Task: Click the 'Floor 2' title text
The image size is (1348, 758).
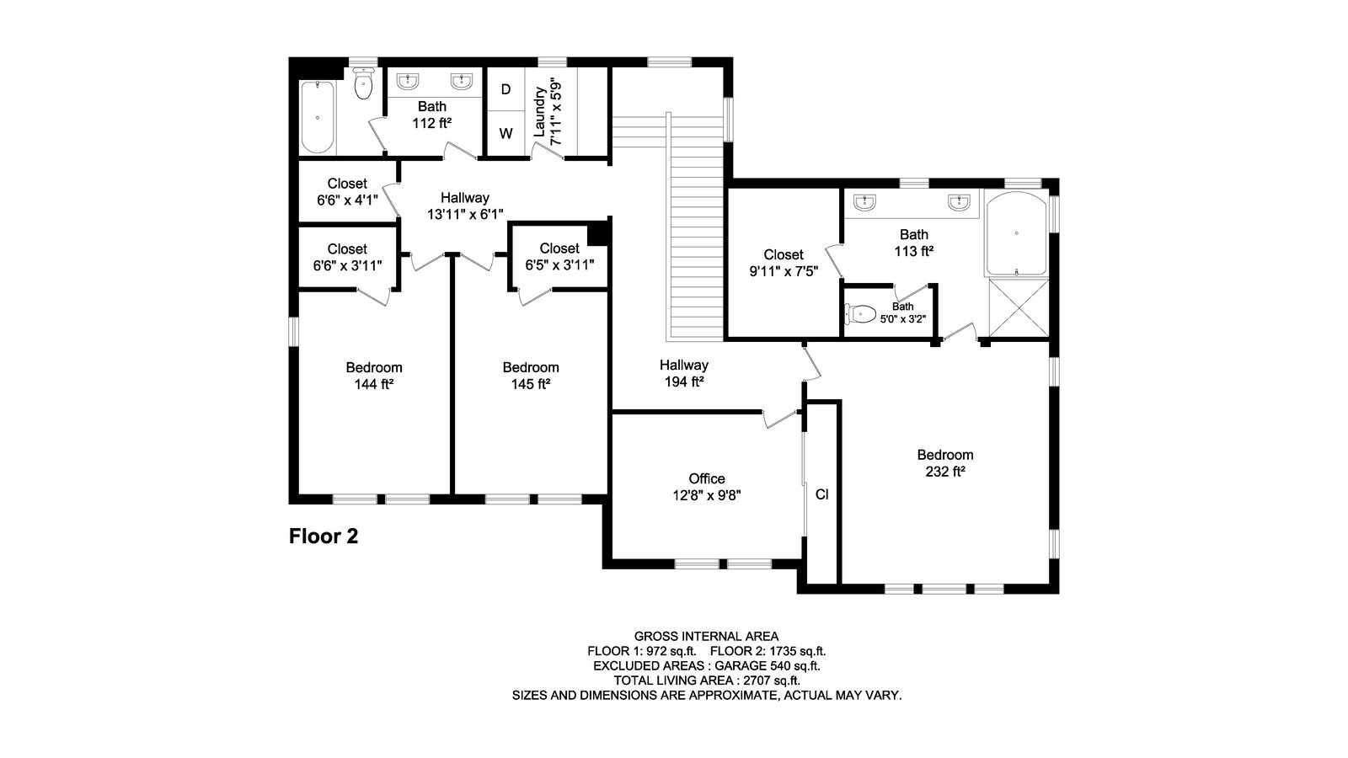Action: pyautogui.click(x=324, y=536)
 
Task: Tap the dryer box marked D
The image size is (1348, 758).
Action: pyautogui.click(x=505, y=89)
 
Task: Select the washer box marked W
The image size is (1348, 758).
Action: pyautogui.click(x=505, y=134)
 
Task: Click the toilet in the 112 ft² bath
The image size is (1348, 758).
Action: pyautogui.click(x=363, y=83)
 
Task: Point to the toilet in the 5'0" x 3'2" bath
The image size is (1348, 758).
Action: pyautogui.click(x=860, y=313)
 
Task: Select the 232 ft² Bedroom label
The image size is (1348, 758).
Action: pyautogui.click(x=944, y=463)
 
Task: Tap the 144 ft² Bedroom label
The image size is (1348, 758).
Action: pyautogui.click(x=374, y=376)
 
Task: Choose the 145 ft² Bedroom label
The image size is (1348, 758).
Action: pyautogui.click(x=531, y=376)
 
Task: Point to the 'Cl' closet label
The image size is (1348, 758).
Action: pyautogui.click(x=822, y=494)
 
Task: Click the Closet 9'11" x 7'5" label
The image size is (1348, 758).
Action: pyautogui.click(x=784, y=263)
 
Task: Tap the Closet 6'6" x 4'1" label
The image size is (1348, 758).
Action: pyautogui.click(x=347, y=192)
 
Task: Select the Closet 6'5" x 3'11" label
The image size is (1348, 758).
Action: pyautogui.click(x=559, y=257)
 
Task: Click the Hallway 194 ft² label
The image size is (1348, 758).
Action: pyautogui.click(x=683, y=373)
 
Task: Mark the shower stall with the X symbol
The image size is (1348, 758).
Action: pyautogui.click(x=1019, y=307)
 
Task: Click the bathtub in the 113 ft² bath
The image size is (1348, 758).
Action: pyautogui.click(x=1016, y=233)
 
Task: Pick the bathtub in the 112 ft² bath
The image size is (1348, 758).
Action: pyautogui.click(x=317, y=117)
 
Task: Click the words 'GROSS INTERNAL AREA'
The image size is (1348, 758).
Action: pyautogui.click(x=707, y=637)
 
